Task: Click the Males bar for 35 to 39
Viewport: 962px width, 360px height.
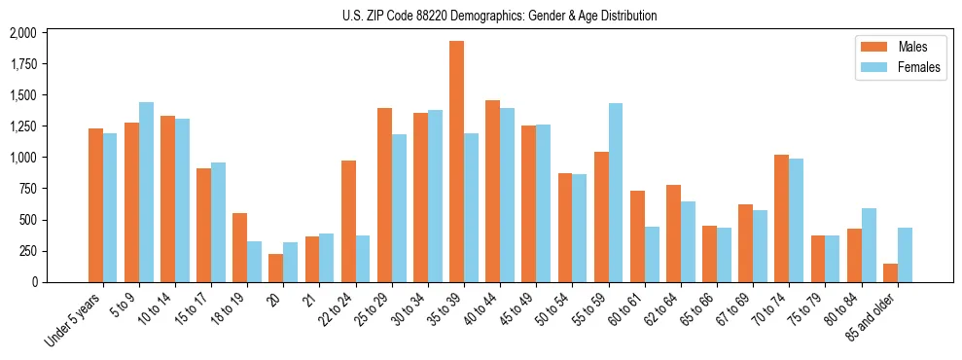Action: (x=456, y=162)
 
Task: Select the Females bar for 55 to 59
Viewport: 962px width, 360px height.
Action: (x=616, y=193)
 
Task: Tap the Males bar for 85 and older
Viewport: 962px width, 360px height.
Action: (x=891, y=272)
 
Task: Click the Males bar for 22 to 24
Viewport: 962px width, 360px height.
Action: (x=348, y=221)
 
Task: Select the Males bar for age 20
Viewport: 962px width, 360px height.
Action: (x=276, y=268)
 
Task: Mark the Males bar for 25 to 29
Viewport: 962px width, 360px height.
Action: (x=384, y=195)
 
